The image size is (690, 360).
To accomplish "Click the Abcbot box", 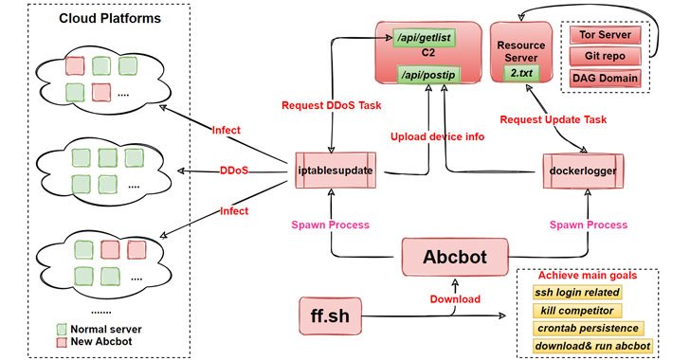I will tap(453, 256).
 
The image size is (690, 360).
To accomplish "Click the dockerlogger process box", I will tap(577, 171).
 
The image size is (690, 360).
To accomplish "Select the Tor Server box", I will tap(603, 35).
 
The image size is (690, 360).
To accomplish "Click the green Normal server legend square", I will tap(62, 329).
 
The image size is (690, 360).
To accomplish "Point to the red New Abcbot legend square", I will tap(62, 343).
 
